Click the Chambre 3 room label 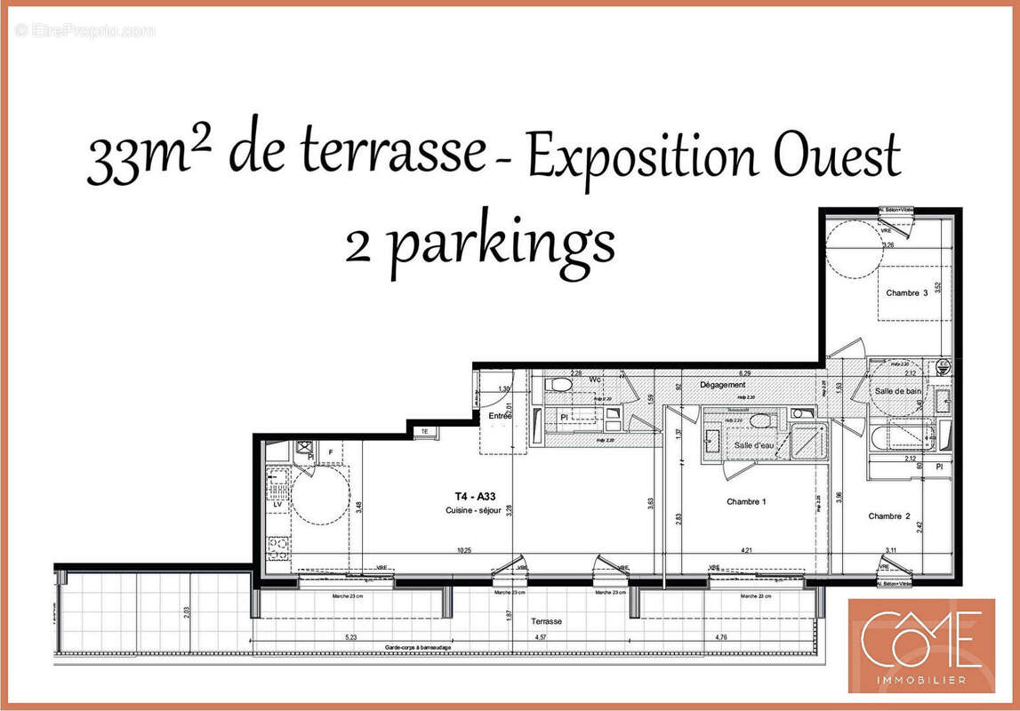click(x=906, y=293)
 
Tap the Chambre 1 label click(x=745, y=502)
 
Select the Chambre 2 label click(x=889, y=516)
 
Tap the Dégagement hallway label click(x=722, y=385)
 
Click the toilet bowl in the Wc click(x=560, y=386)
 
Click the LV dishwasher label click(x=277, y=504)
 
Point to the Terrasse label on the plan click(x=545, y=622)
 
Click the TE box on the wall click(x=424, y=431)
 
